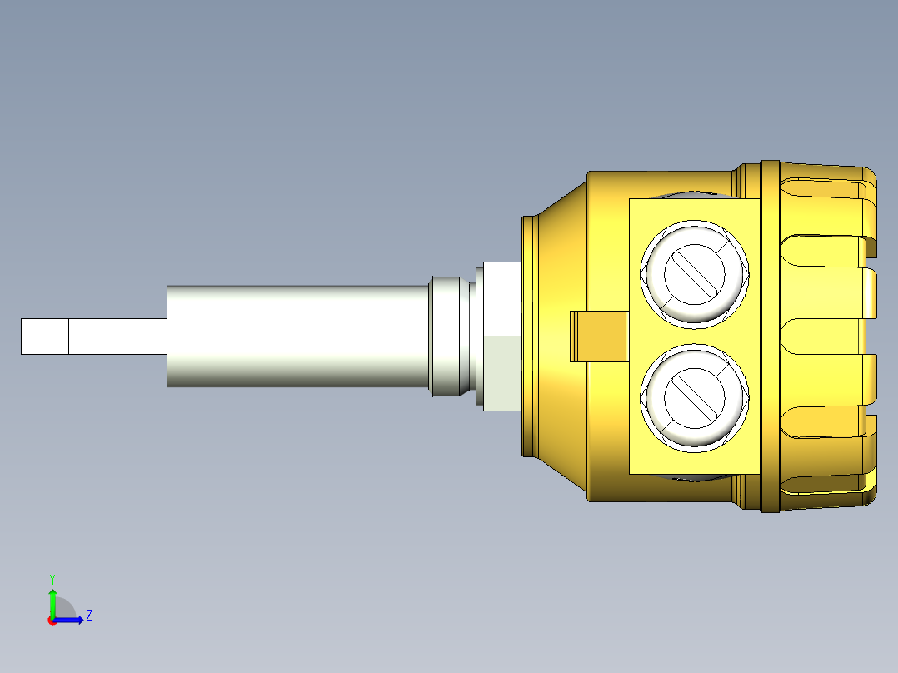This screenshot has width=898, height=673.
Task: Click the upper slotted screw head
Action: tap(694, 273)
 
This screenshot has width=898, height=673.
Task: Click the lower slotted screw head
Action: tap(694, 396)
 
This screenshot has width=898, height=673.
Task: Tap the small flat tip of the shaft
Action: tap(44, 336)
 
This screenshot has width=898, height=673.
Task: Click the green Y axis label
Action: tap(52, 577)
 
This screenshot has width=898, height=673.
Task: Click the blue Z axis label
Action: tap(88, 616)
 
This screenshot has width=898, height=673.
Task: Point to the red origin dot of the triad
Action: tap(52, 621)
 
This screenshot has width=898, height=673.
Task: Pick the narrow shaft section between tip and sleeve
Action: tap(117, 336)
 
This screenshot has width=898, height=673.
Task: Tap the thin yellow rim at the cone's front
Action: tap(527, 336)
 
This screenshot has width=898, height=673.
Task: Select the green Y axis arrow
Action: tap(52, 600)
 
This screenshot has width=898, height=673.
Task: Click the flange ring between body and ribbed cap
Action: tap(770, 336)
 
